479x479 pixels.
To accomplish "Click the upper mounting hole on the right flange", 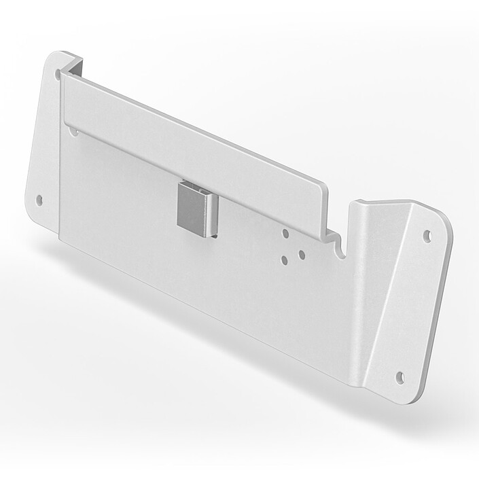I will [427, 236].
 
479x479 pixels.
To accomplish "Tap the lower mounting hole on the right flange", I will [400, 376].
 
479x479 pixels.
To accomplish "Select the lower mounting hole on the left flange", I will [39, 200].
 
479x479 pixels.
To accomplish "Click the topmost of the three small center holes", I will [285, 233].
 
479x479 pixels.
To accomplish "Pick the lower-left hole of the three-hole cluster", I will [285, 259].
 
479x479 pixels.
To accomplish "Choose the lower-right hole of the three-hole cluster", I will [300, 255].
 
